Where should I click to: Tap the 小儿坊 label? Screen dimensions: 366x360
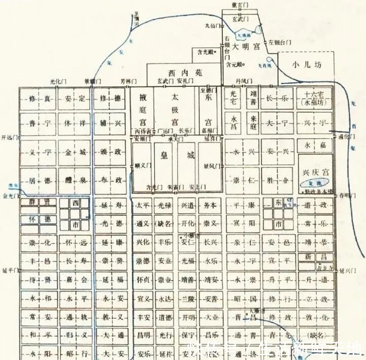pos(306,64)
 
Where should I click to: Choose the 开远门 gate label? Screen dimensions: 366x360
pos(9,137)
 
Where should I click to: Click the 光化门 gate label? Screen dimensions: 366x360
pos(58,81)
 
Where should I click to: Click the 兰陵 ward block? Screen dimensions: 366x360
pos(188,299)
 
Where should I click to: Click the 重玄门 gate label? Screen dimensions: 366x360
pos(239,5)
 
